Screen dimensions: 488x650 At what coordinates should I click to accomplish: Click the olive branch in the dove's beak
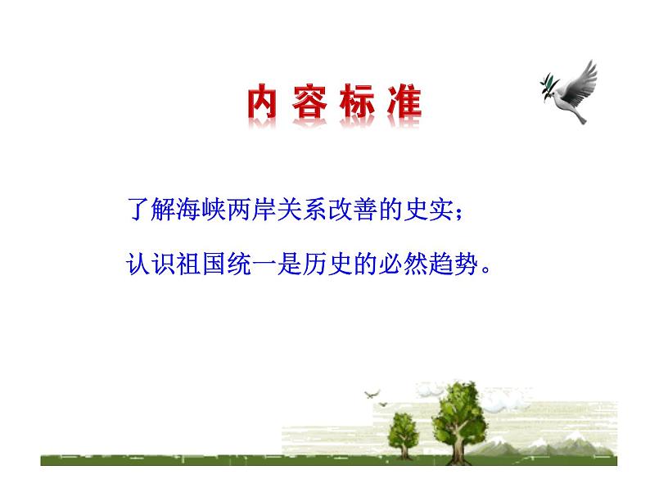pos(546,82)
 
